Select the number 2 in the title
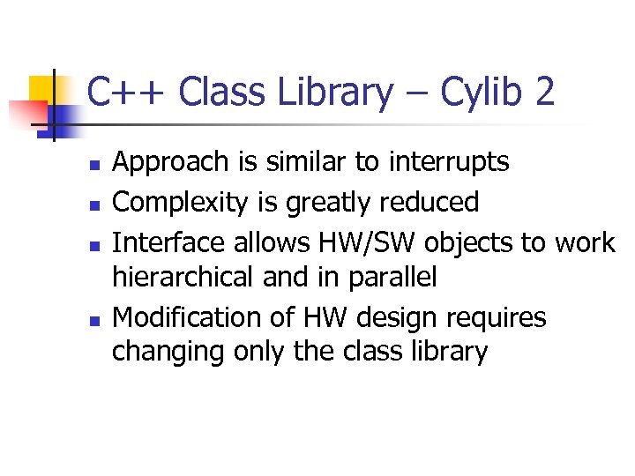click(543, 93)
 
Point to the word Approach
click(173, 163)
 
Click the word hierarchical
click(183, 278)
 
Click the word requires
click(499, 316)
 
